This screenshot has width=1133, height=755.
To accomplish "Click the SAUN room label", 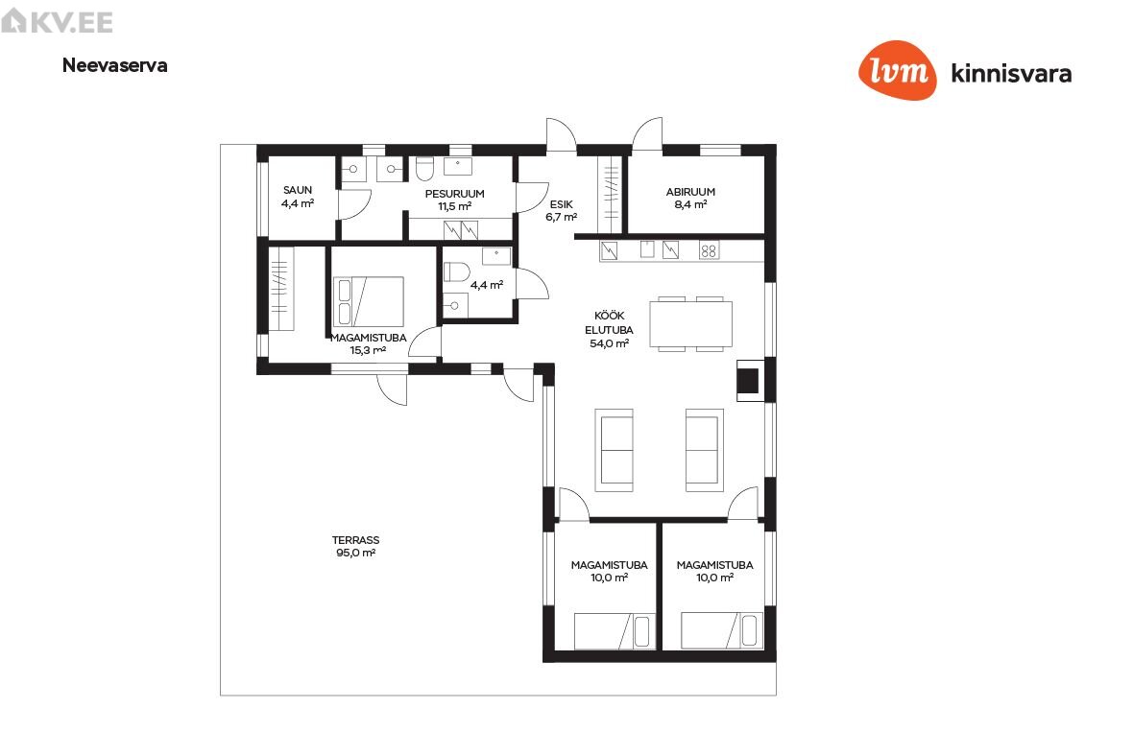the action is tap(298, 191).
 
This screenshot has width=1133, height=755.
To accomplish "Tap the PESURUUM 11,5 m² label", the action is tap(454, 200).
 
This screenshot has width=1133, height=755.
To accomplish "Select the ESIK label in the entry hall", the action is tap(562, 204).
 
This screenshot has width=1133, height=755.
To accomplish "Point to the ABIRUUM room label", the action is tap(690, 192).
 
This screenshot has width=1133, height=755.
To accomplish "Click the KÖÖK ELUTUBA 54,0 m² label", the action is tap(609, 329).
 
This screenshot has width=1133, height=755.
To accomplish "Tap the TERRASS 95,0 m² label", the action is tap(355, 547).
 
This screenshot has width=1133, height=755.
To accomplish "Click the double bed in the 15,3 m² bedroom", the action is tap(368, 301).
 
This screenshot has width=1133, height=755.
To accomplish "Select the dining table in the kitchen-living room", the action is tap(690, 324).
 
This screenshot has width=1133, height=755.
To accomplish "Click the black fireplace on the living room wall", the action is tap(748, 381).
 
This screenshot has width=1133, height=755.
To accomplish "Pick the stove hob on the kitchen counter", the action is tap(709, 250).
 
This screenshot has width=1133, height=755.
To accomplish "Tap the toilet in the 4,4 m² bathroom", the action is tap(456, 272).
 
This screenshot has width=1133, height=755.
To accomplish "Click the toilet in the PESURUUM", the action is tap(424, 169).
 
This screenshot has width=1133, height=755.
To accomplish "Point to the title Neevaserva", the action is tap(115, 65).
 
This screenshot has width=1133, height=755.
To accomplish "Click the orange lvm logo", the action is tap(898, 70).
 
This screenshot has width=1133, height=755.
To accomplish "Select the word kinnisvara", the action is tap(1012, 73).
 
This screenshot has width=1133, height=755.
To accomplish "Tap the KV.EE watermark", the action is tap(58, 21).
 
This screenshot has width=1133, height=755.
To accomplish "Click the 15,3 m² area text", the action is tap(368, 351).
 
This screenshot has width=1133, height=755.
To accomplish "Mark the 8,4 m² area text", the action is tap(690, 204).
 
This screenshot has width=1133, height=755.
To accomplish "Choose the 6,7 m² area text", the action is tap(562, 217).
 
